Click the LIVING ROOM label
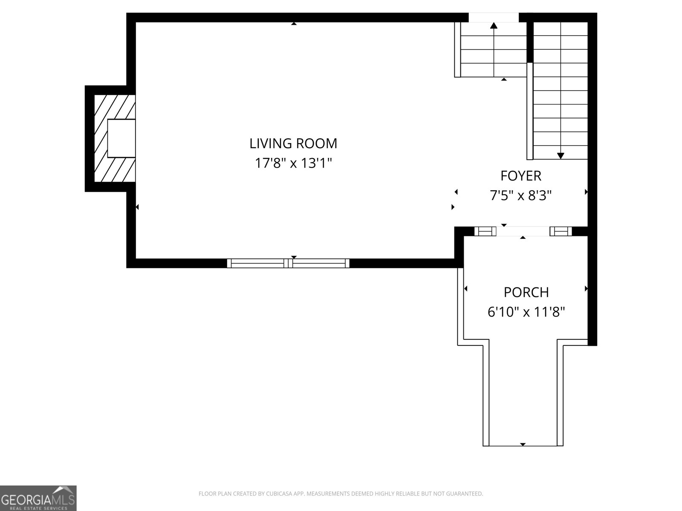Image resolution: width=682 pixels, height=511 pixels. (x=293, y=144)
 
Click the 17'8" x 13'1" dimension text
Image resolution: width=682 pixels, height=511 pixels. (x=293, y=163)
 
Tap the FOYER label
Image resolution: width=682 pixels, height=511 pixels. (x=520, y=176)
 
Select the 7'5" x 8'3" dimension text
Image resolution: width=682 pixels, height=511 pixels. (x=520, y=195)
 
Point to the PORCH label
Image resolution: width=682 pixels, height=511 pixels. (x=526, y=293)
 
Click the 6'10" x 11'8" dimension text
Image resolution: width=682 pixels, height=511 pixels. (x=526, y=312)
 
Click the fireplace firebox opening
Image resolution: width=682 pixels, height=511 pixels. (x=121, y=138)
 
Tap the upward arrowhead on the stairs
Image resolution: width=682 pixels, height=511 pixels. (x=494, y=26)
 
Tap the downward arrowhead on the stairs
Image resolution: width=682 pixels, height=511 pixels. (x=561, y=155)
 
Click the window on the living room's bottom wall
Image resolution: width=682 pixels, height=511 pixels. (x=288, y=263)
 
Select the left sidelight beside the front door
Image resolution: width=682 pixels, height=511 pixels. (x=485, y=231)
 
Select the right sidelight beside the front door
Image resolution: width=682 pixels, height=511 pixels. (x=561, y=231)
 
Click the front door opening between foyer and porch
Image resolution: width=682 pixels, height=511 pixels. (x=523, y=231)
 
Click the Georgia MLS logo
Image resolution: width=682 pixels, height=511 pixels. (x=38, y=498)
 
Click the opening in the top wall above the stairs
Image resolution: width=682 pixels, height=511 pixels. (x=494, y=17)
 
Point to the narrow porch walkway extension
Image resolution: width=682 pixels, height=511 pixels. (x=523, y=396)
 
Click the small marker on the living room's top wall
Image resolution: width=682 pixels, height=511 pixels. (x=294, y=24)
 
